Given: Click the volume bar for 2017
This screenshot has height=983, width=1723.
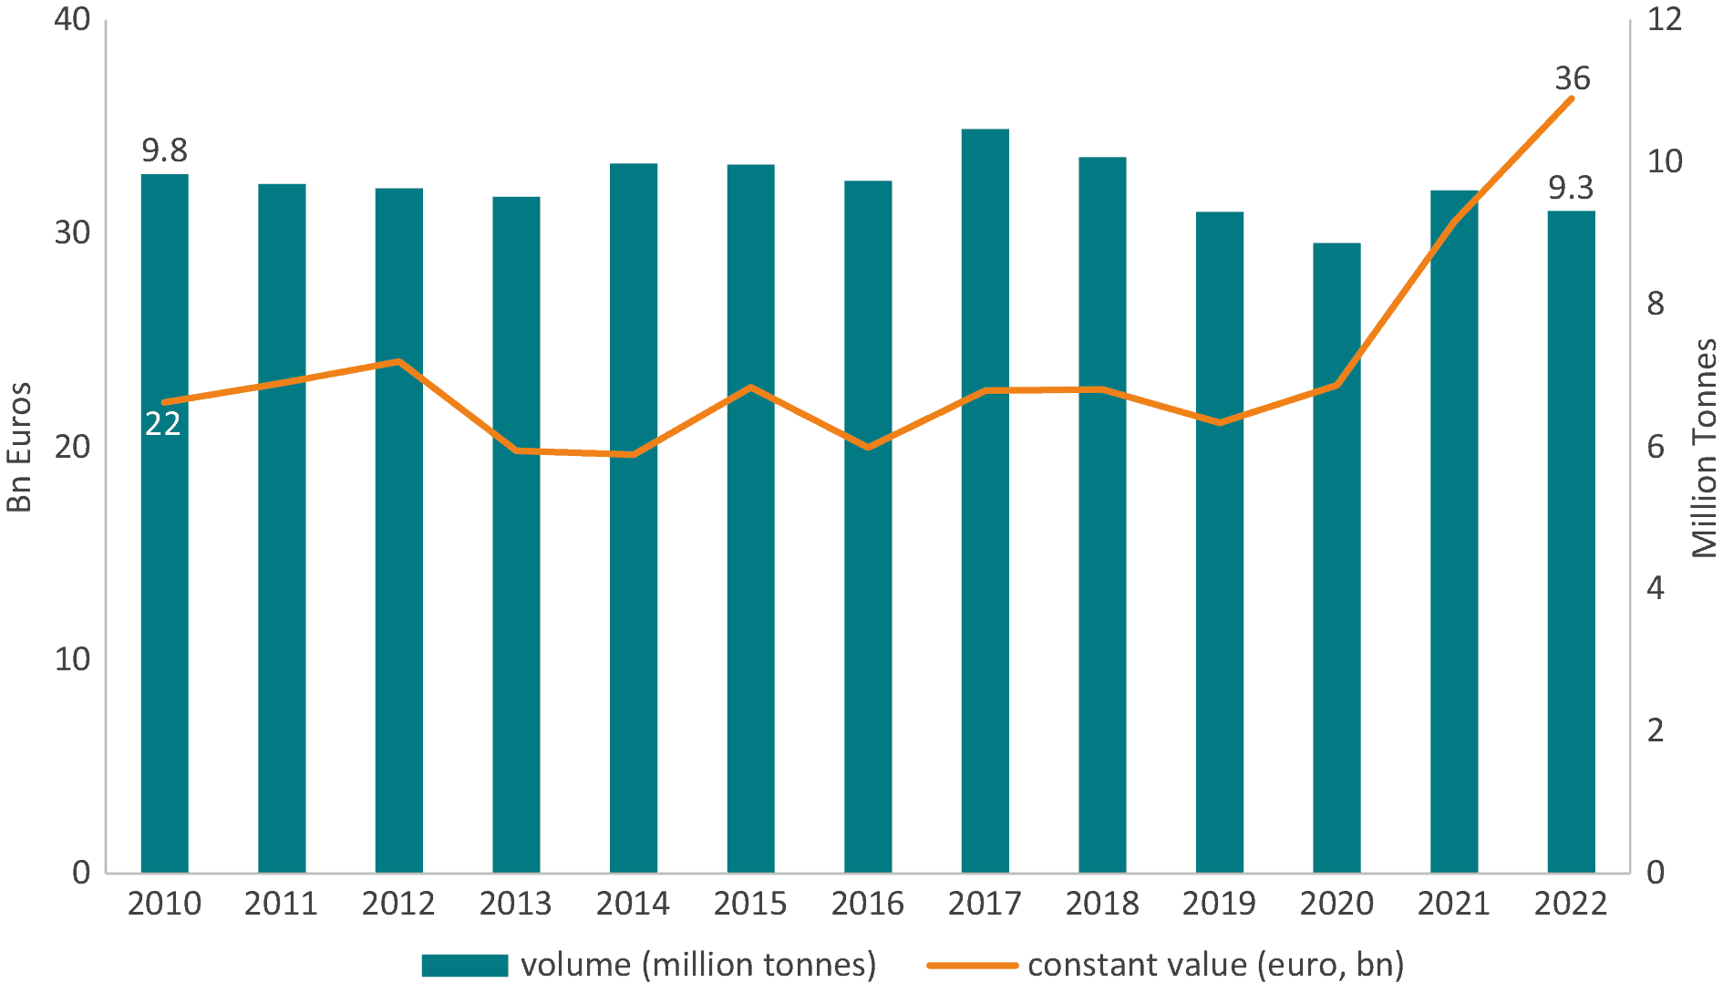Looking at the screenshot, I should (x=985, y=502).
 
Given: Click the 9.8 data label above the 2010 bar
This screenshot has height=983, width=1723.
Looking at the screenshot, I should (x=164, y=150).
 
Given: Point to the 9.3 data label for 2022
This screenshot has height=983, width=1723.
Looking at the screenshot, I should (x=1571, y=188).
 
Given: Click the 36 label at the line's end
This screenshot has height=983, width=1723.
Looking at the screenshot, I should (x=1573, y=79).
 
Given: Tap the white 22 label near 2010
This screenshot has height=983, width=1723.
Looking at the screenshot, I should (x=163, y=424).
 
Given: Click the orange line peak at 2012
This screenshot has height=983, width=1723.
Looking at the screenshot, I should (x=398, y=362).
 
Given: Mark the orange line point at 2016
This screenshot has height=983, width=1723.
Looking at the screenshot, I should (x=868, y=448).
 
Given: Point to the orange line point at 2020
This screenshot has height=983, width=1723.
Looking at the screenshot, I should (x=1336, y=386).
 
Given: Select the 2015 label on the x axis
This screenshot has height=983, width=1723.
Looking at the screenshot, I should (x=750, y=904).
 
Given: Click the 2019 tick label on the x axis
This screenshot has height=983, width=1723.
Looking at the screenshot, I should (x=1219, y=904).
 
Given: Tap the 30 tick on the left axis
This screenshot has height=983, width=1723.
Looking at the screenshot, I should (x=72, y=233).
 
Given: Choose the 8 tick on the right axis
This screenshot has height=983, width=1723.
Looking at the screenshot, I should (x=1656, y=304).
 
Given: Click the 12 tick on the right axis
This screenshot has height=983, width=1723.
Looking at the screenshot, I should (x=1664, y=20).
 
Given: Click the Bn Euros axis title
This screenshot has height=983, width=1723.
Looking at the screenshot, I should (x=20, y=447).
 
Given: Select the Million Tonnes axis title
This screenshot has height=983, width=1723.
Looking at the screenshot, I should (x=1703, y=447).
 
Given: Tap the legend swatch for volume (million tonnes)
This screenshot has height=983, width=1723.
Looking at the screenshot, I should (x=465, y=965).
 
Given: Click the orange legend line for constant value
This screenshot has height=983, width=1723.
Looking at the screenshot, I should (x=972, y=965).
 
